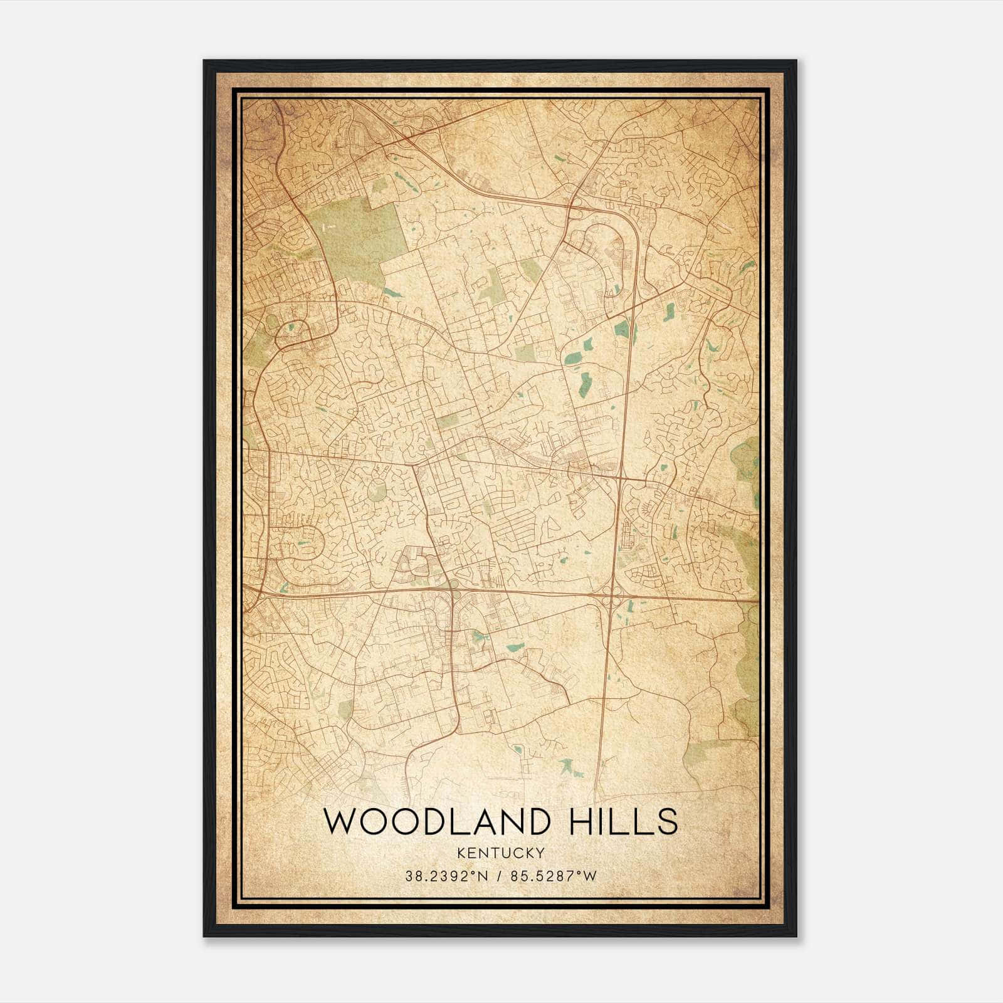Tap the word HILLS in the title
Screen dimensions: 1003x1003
click(623, 822)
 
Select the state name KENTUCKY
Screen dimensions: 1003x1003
click(501, 853)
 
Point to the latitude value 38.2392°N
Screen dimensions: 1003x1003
click(446, 876)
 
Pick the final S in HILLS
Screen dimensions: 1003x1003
click(668, 822)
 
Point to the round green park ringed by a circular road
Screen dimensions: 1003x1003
click(377, 491)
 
